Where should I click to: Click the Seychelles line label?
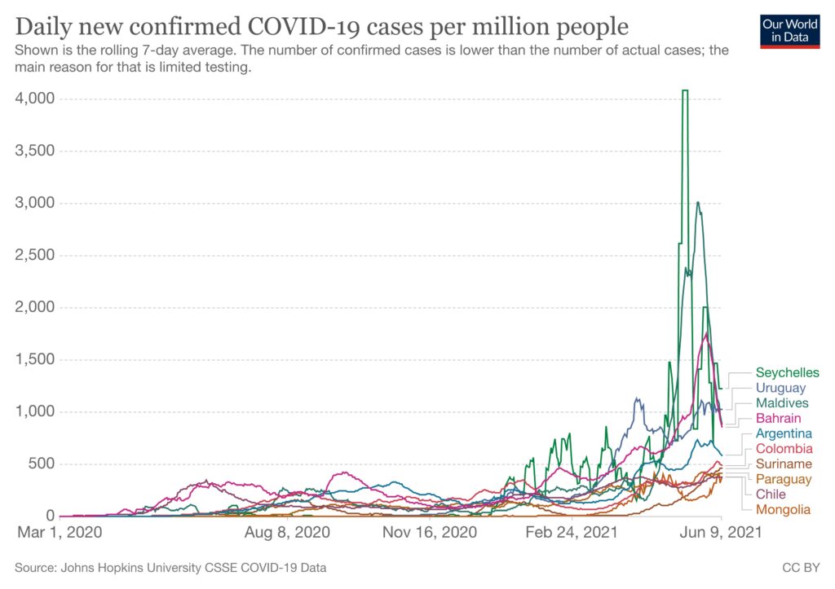787,373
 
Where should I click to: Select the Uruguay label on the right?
780,389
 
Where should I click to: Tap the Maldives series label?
782,403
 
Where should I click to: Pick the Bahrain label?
779,419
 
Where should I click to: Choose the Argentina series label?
784,433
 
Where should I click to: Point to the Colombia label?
784,449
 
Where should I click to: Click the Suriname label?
784,464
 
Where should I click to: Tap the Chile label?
771,494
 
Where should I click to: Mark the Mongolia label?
783,509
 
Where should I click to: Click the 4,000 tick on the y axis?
34,99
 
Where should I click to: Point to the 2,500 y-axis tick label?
34,255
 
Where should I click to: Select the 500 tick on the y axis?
41,464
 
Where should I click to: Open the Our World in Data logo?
789,31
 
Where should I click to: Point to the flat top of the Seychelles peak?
685,90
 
